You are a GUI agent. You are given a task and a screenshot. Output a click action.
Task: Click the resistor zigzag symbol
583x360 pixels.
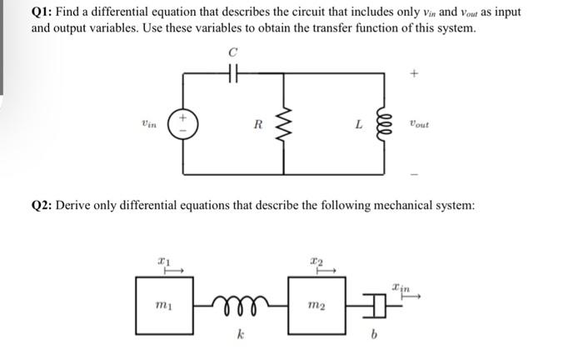click(x=286, y=125)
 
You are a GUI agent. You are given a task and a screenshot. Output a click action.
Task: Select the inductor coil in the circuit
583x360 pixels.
click(x=386, y=125)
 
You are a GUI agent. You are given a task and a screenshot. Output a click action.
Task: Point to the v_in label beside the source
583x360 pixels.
click(x=149, y=123)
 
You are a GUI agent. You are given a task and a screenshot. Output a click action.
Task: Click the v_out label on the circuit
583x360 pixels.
click(x=419, y=125)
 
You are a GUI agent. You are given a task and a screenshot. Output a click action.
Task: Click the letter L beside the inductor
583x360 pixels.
click(x=358, y=125)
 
